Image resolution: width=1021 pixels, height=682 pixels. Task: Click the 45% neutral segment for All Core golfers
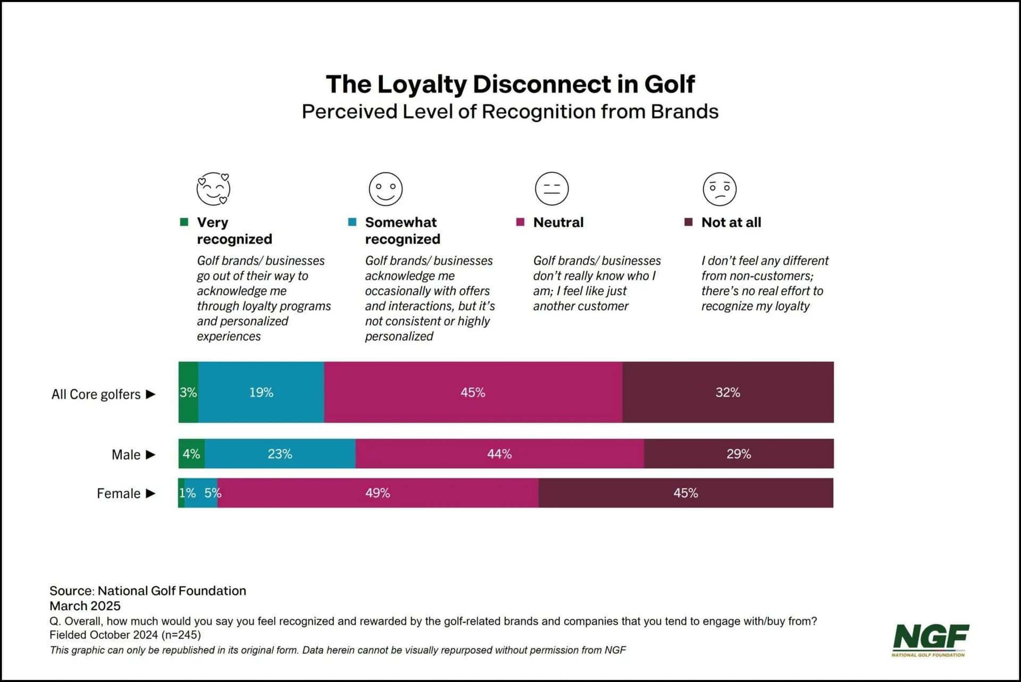[473, 393]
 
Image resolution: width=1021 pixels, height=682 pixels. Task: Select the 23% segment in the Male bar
[280, 454]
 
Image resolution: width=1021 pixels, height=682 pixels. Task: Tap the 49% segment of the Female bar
[378, 493]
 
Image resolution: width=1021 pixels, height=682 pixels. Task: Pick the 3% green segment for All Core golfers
[188, 393]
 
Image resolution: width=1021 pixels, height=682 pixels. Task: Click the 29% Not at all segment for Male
[739, 454]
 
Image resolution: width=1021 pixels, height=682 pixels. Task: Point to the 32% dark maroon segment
[727, 393]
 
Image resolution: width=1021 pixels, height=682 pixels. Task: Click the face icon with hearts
[213, 189]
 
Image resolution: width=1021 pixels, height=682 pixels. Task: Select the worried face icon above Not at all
[719, 189]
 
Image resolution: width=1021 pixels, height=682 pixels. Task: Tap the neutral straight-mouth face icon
[551, 189]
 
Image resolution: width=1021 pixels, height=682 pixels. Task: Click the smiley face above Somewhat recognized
[386, 189]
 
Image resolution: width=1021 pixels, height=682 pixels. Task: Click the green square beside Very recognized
[184, 222]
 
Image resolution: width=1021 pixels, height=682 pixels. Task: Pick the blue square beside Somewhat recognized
[352, 222]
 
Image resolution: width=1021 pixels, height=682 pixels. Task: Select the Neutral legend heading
[558, 222]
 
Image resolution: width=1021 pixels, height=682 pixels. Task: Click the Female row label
[118, 494]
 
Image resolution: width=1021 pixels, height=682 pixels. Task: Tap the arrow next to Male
[150, 455]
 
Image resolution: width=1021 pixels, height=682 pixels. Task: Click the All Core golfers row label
[96, 394]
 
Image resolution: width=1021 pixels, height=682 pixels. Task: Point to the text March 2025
[85, 606]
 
